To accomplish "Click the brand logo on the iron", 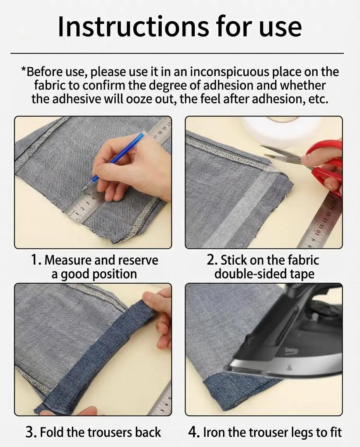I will [x=291, y=351].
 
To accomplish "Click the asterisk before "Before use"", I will [x=24, y=71].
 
